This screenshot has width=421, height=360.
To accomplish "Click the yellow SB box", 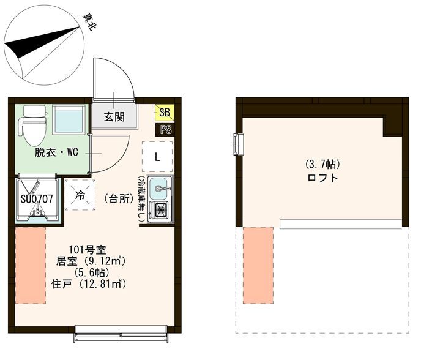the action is click(x=165, y=112).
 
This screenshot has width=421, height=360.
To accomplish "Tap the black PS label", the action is click(x=165, y=130).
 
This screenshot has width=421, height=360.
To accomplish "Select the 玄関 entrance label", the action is click(x=114, y=117).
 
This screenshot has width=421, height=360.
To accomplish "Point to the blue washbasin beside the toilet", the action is click(x=69, y=119).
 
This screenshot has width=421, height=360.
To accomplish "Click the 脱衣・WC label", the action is click(x=56, y=152).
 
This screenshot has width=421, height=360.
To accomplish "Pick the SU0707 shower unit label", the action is click(x=37, y=199).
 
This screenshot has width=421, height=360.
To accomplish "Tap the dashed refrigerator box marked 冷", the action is click(x=80, y=195).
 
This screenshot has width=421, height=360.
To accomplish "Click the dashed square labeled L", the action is click(x=157, y=157).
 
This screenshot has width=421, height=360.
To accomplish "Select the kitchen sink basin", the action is click(x=160, y=189).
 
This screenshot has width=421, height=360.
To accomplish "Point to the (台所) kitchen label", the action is click(x=119, y=199).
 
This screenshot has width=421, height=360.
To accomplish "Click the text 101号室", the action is click(x=88, y=250).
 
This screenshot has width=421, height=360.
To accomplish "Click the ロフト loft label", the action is click(x=322, y=178).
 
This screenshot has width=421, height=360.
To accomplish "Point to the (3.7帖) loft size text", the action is click(x=322, y=164).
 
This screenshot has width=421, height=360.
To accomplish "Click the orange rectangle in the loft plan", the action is click(x=258, y=266).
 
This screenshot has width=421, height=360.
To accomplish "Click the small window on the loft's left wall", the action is click(x=238, y=144).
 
